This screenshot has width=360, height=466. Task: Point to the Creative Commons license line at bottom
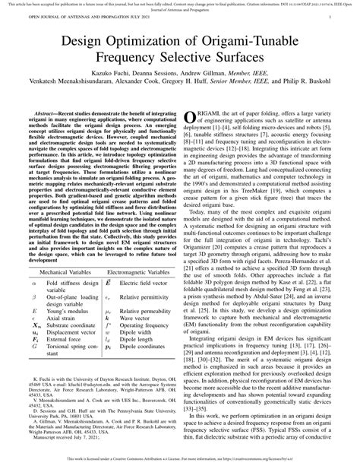click(180, 461)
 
